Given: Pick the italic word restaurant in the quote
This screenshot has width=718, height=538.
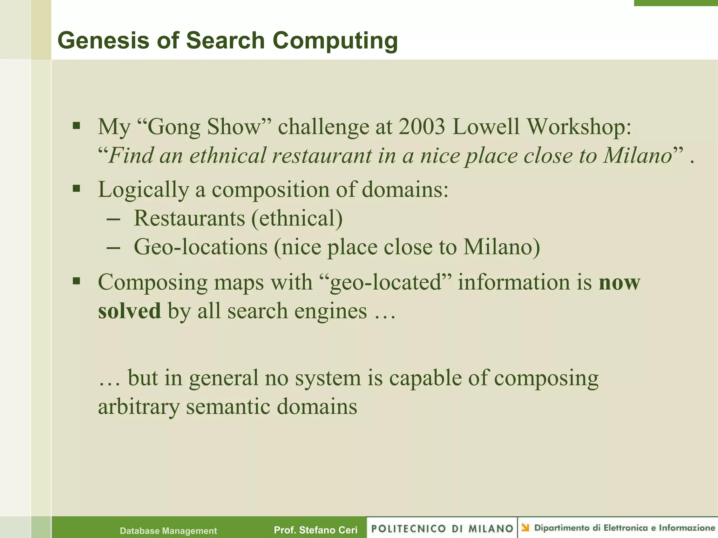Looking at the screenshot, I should (x=322, y=156).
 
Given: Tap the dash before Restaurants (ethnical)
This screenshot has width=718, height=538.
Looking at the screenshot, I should (x=113, y=219).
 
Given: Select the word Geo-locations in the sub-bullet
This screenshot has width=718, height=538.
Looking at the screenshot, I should (x=201, y=247).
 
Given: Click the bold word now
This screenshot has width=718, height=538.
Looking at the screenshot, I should (x=619, y=282).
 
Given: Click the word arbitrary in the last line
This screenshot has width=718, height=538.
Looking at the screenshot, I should (x=138, y=407).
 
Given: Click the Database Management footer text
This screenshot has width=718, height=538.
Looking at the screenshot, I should (x=168, y=531).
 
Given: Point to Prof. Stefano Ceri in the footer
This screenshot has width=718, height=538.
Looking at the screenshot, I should (x=316, y=530).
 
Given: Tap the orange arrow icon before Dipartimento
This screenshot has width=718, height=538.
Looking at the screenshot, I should (x=525, y=527).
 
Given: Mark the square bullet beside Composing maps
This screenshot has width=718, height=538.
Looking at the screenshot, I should (x=76, y=281).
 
